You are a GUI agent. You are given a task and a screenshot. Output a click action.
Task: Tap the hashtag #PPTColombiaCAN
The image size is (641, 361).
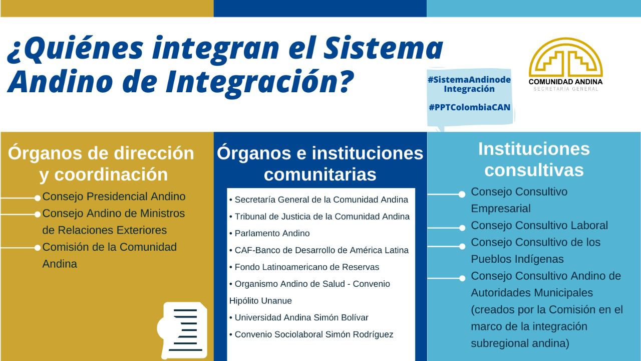[x=470, y=107]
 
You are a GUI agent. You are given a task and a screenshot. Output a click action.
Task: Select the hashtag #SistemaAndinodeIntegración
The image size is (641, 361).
[x=469, y=84]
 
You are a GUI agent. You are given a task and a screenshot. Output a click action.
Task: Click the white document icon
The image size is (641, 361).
[x=183, y=330]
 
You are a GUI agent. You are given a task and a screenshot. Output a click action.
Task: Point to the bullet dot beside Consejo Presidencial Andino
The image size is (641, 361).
[x=38, y=198]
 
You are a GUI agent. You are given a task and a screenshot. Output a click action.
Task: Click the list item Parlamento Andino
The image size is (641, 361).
[x=272, y=233]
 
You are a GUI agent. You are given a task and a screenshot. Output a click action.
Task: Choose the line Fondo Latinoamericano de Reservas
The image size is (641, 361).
[x=307, y=267]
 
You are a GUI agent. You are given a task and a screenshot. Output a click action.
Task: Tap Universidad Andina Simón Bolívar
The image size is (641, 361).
[x=301, y=317]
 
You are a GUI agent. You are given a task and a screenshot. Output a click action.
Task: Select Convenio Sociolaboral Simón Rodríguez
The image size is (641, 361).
[x=314, y=334]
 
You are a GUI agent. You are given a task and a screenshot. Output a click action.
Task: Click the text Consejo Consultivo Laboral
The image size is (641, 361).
[x=539, y=226]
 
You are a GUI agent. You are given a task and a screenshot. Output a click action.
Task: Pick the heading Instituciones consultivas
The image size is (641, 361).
[x=534, y=159]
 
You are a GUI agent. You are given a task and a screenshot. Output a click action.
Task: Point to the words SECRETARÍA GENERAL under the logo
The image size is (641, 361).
[x=566, y=89]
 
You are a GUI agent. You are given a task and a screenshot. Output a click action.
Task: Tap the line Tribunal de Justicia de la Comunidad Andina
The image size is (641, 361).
[x=322, y=216]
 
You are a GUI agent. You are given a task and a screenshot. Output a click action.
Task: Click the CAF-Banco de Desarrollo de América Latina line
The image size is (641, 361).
[x=322, y=250]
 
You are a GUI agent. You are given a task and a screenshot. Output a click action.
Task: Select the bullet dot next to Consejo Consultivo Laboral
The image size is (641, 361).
[x=462, y=228]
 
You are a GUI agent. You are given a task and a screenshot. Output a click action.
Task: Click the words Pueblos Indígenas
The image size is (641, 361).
[x=517, y=259]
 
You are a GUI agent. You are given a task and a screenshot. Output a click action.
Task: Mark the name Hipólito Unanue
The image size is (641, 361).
[x=260, y=300]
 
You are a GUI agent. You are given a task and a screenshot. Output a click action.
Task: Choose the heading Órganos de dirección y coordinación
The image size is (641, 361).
[x=101, y=163]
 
